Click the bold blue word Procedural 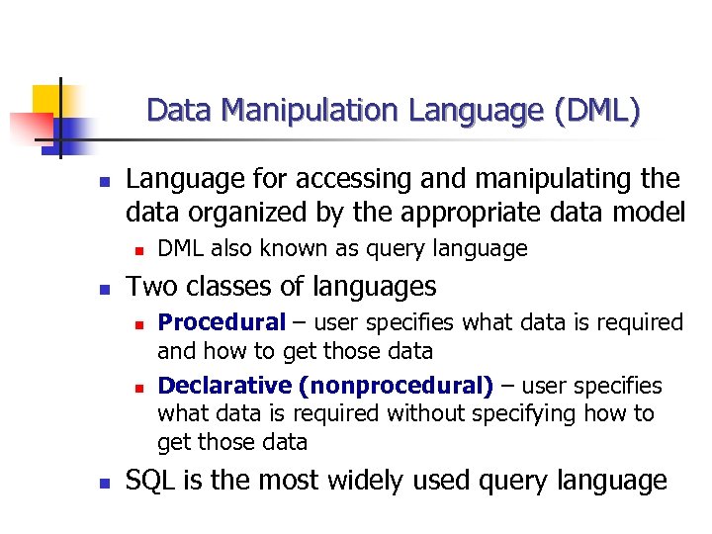tap(221, 322)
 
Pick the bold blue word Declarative tap(224, 385)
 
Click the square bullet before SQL tap(102, 484)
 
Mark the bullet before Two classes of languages tap(102, 289)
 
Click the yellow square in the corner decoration tap(45, 98)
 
